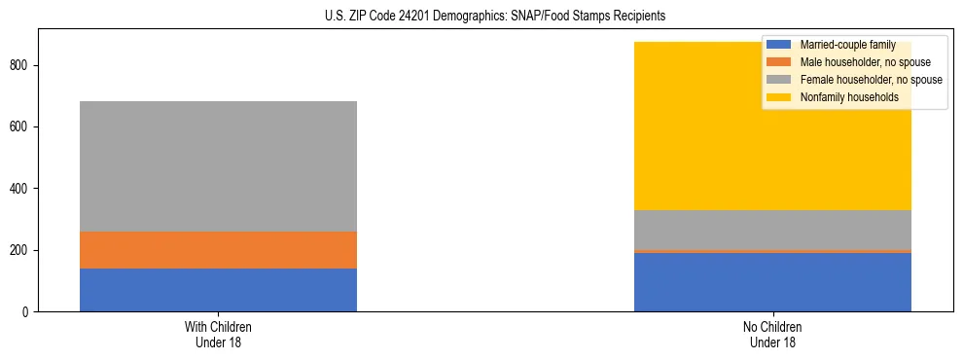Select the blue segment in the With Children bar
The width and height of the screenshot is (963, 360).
click(x=218, y=290)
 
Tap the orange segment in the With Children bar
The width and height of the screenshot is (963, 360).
click(x=218, y=250)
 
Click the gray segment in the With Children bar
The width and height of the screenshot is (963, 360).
click(x=218, y=166)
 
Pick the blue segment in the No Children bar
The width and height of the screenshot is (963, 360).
click(x=772, y=282)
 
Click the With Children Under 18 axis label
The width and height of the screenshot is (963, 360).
click(x=218, y=334)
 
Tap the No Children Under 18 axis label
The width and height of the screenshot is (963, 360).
click(x=772, y=334)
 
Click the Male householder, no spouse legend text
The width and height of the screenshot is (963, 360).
click(x=857, y=62)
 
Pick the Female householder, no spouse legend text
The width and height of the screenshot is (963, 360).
click(x=871, y=80)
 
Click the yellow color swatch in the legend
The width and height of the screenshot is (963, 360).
click(x=779, y=97)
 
